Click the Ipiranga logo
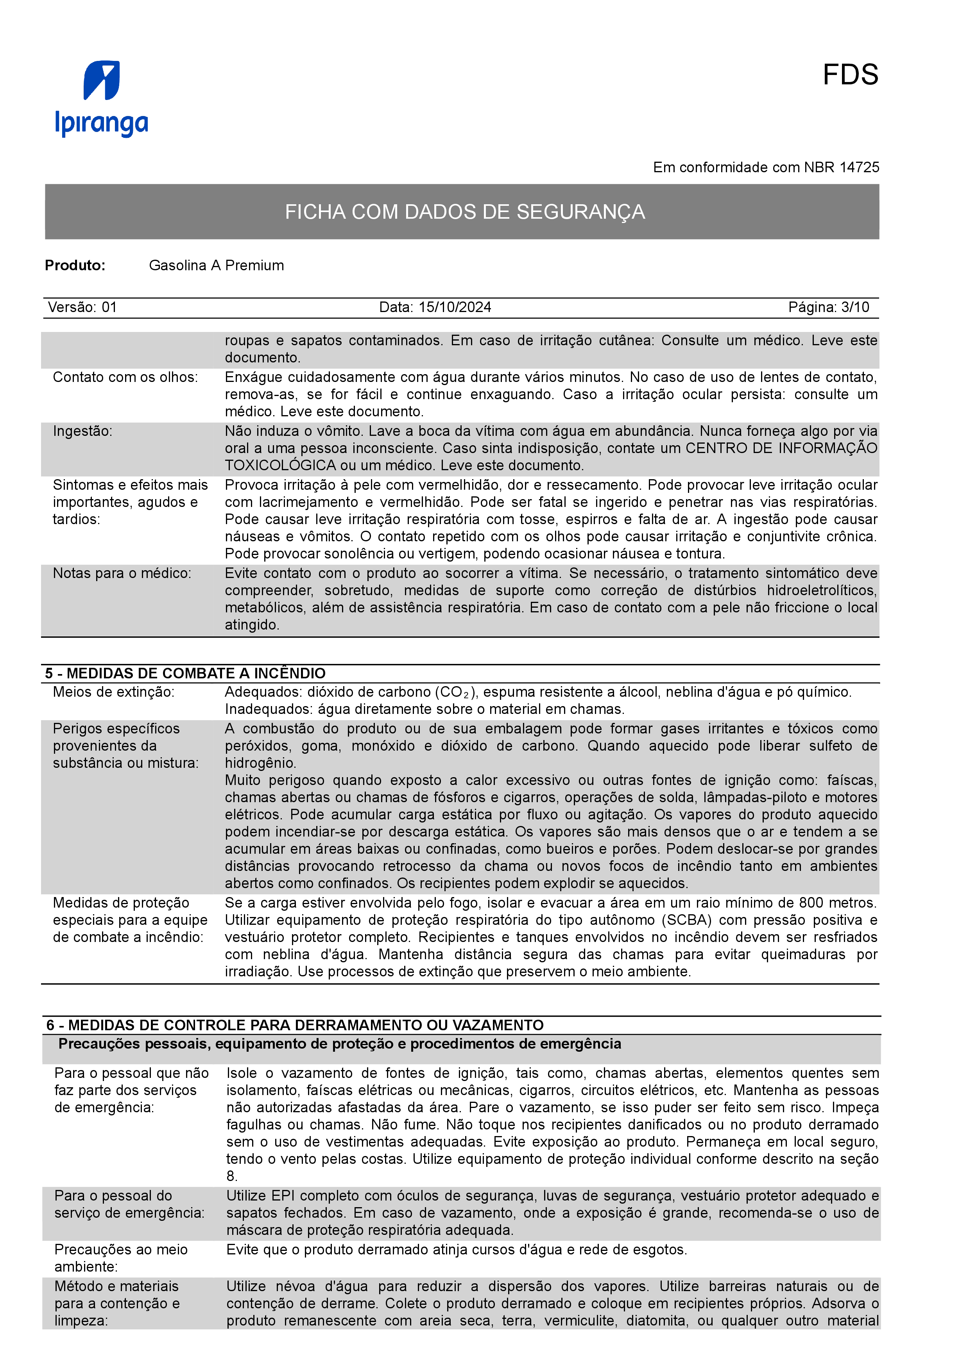102,98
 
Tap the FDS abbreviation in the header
850,75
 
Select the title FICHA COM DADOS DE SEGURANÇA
464,212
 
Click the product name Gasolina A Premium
216,266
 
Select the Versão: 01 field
82,307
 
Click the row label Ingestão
82,431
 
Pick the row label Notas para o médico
122,573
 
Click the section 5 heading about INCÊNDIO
185,673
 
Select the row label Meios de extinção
113,692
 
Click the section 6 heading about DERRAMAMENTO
295,1025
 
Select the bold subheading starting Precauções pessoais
339,1044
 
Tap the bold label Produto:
75,266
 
